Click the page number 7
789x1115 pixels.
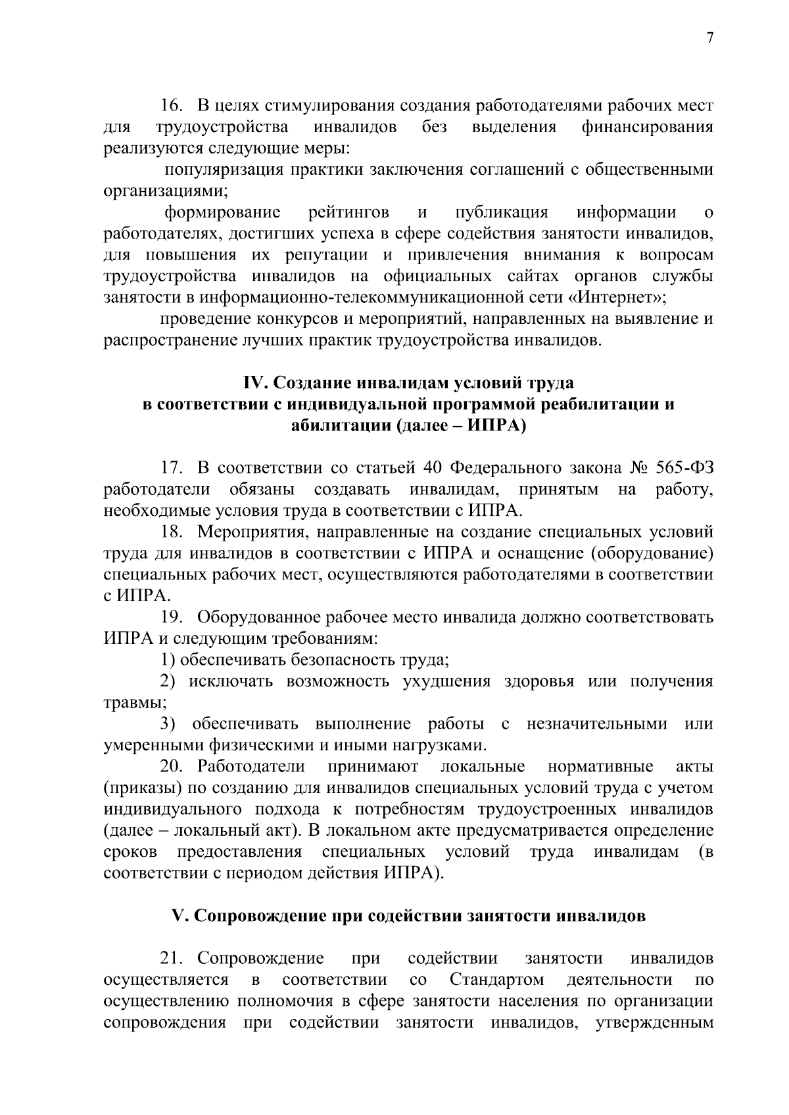pyautogui.click(x=709, y=38)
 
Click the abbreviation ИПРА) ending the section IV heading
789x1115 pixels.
pyautogui.click(x=498, y=425)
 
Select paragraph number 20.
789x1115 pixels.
pyautogui.click(x=174, y=767)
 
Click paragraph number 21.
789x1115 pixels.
pyautogui.click(x=174, y=959)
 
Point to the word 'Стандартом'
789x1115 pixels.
pyautogui.click(x=497, y=980)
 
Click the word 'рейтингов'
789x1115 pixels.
pyautogui.click(x=348, y=212)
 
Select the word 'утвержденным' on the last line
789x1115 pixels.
pyautogui.click(x=654, y=1023)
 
